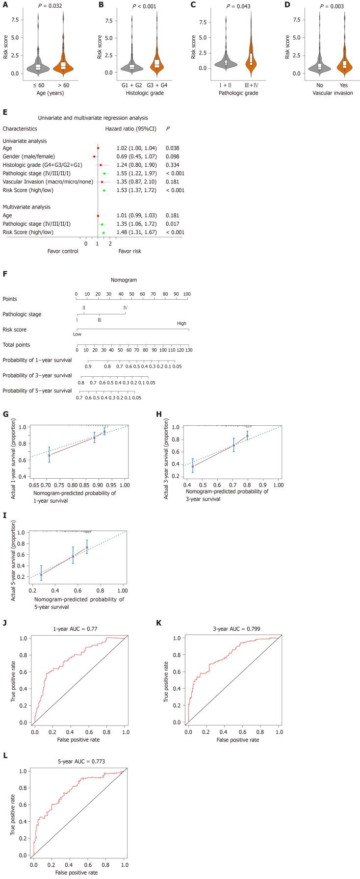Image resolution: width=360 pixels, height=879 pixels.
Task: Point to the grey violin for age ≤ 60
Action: pos(38,66)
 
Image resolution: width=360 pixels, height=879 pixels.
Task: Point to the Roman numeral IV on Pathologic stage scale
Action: pos(126,308)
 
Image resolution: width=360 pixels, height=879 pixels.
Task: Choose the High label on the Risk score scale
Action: pos(182,323)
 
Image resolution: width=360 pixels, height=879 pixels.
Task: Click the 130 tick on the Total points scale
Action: pos(189,350)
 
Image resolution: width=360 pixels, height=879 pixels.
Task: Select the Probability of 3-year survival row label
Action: pos(37,375)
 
